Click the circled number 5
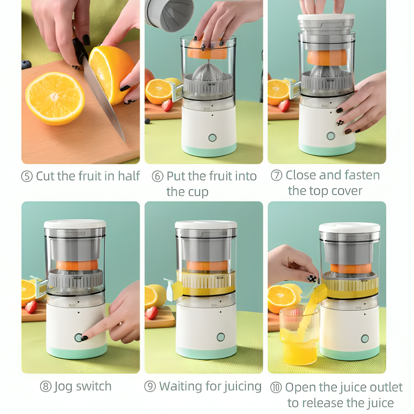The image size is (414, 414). click(27, 177)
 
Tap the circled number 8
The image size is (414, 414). click(46, 387)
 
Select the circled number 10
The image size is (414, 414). click(276, 388)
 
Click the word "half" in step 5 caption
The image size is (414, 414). click(128, 176)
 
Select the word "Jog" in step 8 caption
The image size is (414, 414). click(64, 386)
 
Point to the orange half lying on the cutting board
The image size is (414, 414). click(55, 99)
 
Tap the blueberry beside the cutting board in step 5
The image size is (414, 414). click(26, 65)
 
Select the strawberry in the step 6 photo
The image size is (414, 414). click(167, 105)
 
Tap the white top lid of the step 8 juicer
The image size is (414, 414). click(75, 224)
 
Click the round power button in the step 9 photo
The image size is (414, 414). click(221, 337)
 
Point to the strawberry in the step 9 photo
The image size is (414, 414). click(151, 312)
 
